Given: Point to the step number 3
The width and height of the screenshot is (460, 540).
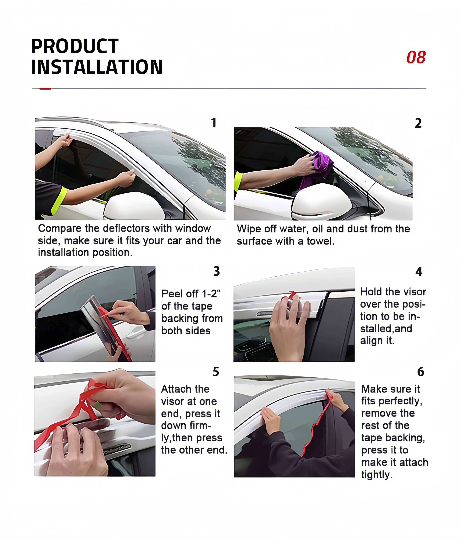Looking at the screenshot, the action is coord(217,271).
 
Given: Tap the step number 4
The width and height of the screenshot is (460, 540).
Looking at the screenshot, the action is coord(419,272).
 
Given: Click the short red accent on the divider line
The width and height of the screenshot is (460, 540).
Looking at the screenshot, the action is coord(45,89).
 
